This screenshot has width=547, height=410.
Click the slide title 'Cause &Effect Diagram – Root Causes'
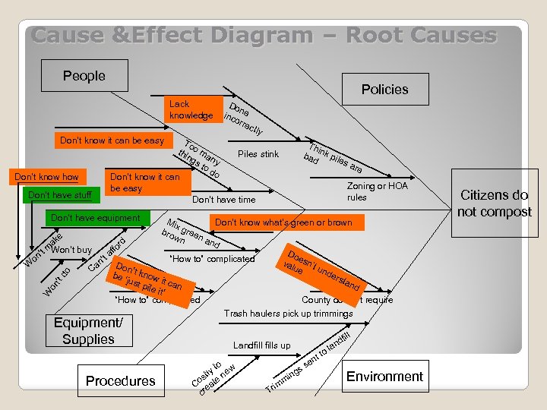pyautogui.click(x=264, y=36)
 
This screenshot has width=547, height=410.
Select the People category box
pyautogui.click(x=84, y=76)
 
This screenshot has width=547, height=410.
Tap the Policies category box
pyautogui.click(x=384, y=90)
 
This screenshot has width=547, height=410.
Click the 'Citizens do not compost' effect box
pyautogui.click(x=494, y=203)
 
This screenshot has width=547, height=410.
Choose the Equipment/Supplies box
pyautogui.click(x=88, y=331)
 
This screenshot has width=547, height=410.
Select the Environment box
pyautogui.click(x=384, y=377)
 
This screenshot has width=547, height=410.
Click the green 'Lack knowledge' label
pyautogui.click(x=191, y=109)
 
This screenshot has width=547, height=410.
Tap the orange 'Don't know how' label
pyautogui.click(x=47, y=177)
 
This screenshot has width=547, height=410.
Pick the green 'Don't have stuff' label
pyautogui.click(x=59, y=195)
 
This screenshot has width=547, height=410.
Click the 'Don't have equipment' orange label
pyautogui.click(x=95, y=219)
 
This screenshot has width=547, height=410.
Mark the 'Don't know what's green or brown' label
pyautogui.click(x=283, y=222)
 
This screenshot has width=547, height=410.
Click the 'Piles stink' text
pyautogui.click(x=258, y=154)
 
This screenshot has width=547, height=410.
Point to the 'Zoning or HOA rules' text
pyautogui.click(x=367, y=191)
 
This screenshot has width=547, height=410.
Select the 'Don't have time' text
pyautogui.click(x=223, y=200)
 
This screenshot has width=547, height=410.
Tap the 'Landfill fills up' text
pyautogui.click(x=261, y=345)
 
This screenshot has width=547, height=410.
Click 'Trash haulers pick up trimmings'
pyautogui.click(x=288, y=314)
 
